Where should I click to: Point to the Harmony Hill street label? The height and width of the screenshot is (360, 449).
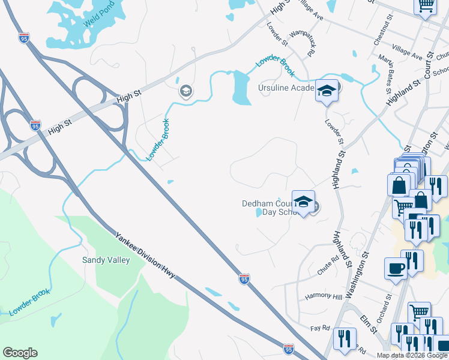[323, 296]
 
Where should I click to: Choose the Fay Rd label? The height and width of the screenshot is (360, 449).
[321, 328]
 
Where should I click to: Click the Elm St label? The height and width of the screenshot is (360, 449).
[368, 321]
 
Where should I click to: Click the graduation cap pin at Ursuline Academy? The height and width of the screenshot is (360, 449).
[327, 91]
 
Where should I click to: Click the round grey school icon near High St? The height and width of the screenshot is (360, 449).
[185, 92]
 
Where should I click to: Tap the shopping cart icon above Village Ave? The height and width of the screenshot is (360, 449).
[426, 6]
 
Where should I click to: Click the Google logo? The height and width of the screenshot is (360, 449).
[20, 353]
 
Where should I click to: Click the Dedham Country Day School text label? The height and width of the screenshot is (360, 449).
[268, 208]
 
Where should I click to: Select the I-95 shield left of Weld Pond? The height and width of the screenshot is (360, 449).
[24, 38]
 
